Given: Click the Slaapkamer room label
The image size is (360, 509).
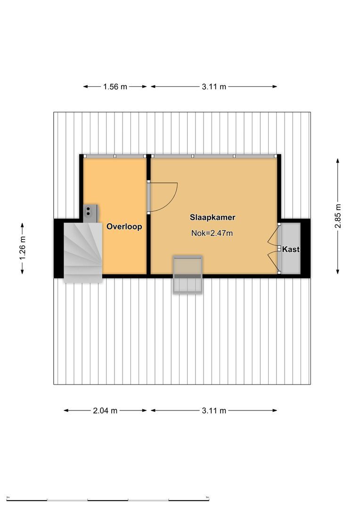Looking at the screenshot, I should click(213, 218).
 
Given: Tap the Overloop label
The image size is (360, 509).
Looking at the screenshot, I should click(124, 227).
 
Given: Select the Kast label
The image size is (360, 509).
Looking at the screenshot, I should click(291, 249).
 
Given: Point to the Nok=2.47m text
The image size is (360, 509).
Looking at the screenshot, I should click(213, 233).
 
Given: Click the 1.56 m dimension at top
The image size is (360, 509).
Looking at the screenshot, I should click(115, 87).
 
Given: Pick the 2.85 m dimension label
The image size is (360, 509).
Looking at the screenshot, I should click(338, 215).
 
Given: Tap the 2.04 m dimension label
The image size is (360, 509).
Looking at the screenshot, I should click(105, 410).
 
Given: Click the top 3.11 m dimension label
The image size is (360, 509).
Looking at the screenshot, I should click(214, 87).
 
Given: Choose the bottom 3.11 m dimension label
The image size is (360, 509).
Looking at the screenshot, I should click(214, 410).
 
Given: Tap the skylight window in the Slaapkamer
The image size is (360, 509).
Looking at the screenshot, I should click(188, 275).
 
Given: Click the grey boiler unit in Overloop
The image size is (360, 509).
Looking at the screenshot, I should click(90, 213).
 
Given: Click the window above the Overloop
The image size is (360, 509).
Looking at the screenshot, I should click(115, 156).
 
